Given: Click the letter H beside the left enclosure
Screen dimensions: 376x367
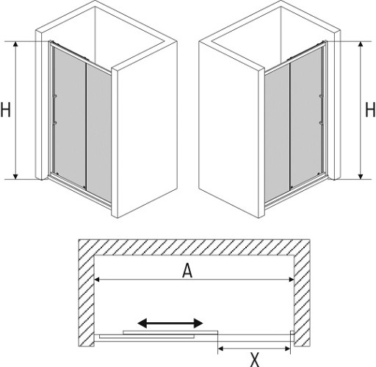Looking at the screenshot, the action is click(x=5, y=110).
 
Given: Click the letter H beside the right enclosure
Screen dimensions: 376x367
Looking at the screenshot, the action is click(x=370, y=110).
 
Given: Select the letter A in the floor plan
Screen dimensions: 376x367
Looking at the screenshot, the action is click(x=187, y=271).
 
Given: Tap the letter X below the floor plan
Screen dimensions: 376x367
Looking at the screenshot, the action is click(x=255, y=360).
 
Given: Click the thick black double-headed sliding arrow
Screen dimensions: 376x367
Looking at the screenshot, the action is click(x=170, y=323).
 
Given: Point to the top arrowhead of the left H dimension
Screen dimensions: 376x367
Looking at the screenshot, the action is click(x=15, y=44).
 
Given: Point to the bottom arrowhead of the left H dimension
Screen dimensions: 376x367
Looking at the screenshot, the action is click(x=15, y=176).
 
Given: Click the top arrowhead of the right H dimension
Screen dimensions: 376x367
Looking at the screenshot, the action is click(x=361, y=44).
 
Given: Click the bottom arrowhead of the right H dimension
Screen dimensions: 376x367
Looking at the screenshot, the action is click(x=361, y=176).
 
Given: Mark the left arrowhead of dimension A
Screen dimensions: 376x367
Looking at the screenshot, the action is click(x=97, y=280).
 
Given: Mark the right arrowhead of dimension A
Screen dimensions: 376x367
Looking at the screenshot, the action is click(x=292, y=280).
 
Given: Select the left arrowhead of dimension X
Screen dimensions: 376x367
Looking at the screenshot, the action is click(x=220, y=349).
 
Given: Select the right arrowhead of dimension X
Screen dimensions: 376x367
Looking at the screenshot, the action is click(x=288, y=349).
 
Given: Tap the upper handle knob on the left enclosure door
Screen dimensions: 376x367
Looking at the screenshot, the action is click(x=54, y=96).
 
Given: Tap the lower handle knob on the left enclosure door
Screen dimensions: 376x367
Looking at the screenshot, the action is click(x=54, y=123).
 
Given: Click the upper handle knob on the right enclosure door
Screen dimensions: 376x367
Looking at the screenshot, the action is click(x=322, y=96).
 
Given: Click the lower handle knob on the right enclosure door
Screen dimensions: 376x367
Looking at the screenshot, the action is click(x=322, y=123).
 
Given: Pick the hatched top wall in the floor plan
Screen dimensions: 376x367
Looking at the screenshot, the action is click(x=194, y=247).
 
